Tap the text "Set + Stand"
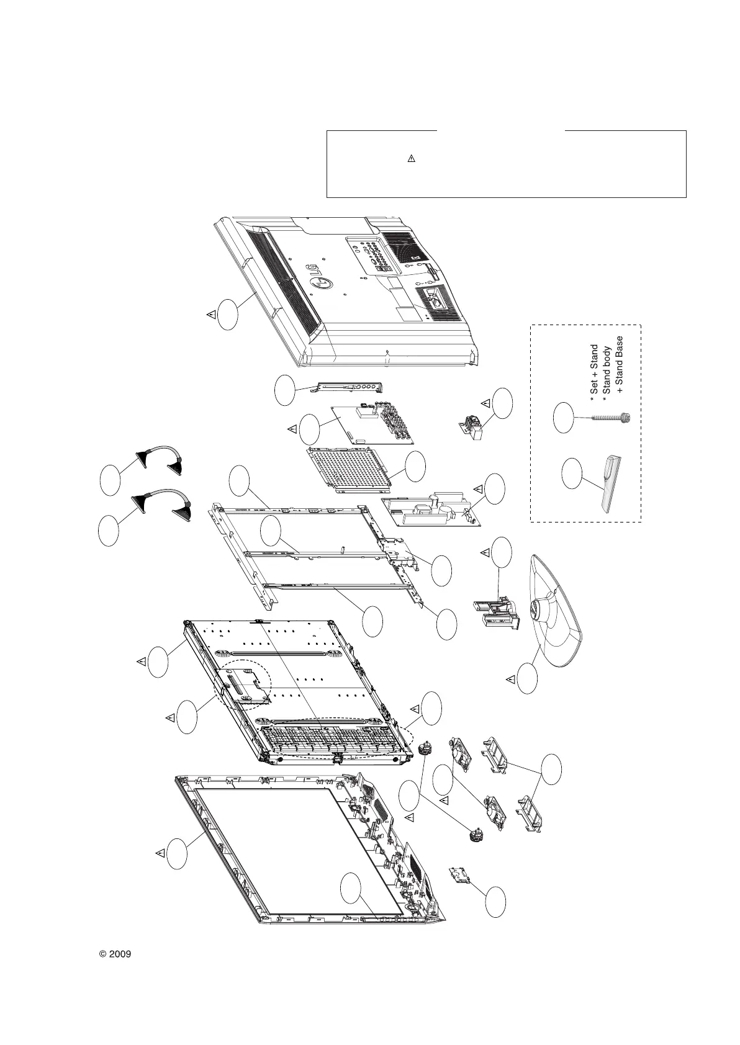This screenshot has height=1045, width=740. tap(595, 372)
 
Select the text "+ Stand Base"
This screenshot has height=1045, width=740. tap(618, 366)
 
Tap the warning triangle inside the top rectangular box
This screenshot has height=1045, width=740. tap(410, 159)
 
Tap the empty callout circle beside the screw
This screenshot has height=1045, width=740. tap(563, 418)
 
